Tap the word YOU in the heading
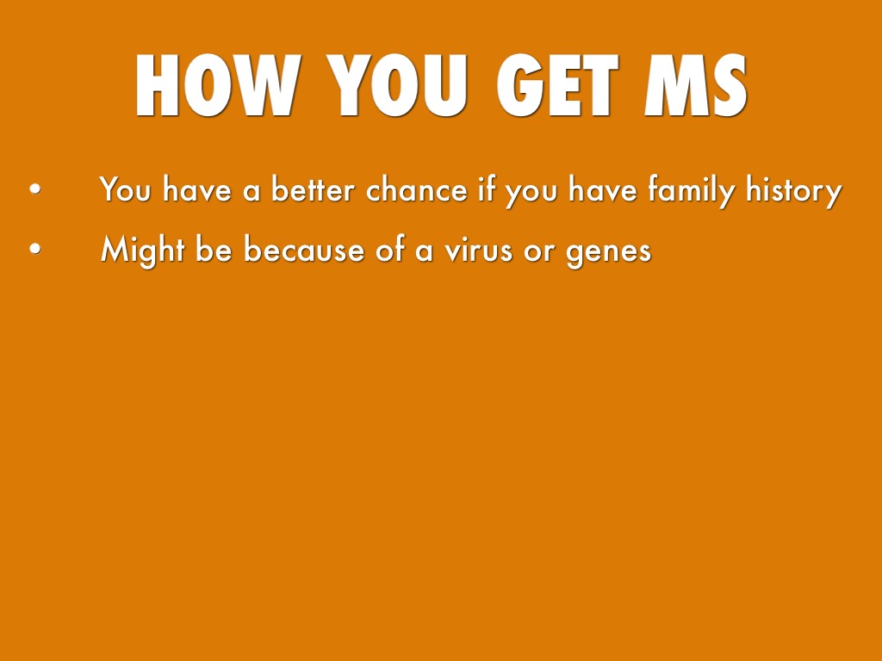tap(397, 85)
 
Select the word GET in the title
tap(557, 85)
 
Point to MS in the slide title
tap(696, 85)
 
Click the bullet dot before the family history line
tap(34, 188)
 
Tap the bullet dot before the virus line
tap(34, 248)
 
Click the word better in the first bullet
tap(314, 188)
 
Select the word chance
tap(417, 188)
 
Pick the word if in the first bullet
tap(488, 188)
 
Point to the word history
tap(794, 191)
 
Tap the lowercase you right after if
tap(531, 194)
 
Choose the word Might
tap(142, 250)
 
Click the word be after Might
tap(214, 248)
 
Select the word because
tap(304, 248)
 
